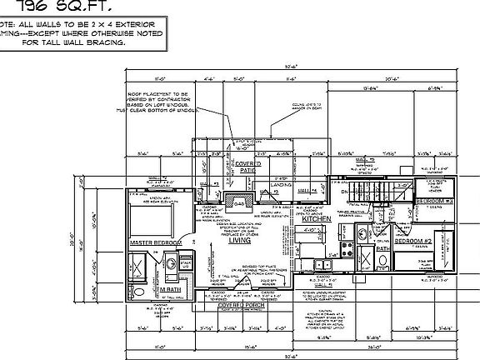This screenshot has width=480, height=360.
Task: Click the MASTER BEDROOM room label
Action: [x=155, y=242]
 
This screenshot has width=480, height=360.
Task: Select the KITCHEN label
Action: [x=317, y=218]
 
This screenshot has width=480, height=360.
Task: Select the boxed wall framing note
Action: [x=62, y=33]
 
